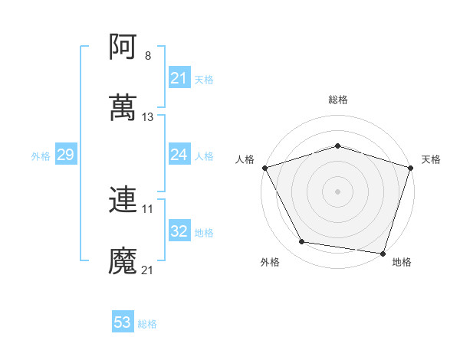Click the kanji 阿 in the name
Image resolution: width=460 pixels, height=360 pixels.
pyautogui.click(x=123, y=47)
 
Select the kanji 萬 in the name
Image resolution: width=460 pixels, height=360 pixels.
pyautogui.click(x=123, y=108)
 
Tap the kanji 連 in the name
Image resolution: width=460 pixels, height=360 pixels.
pyautogui.click(x=123, y=200)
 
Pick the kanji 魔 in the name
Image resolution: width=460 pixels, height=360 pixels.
pyautogui.click(x=123, y=261)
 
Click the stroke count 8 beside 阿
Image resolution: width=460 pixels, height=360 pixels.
pyautogui.click(x=148, y=55)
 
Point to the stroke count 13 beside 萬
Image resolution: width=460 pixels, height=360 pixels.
pyautogui.click(x=148, y=117)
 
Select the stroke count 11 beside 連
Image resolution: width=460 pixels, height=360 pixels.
pyautogui.click(x=148, y=208)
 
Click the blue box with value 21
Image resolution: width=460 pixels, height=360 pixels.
pyautogui.click(x=179, y=78)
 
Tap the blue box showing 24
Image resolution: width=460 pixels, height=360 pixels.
pyautogui.click(x=179, y=155)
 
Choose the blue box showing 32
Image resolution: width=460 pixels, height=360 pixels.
pyautogui.click(x=179, y=232)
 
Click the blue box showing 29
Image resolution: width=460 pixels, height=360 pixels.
pyautogui.click(x=65, y=155)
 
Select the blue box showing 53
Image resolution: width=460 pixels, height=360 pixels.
pyautogui.click(x=122, y=323)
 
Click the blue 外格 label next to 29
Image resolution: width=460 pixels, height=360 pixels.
pyautogui.click(x=41, y=156)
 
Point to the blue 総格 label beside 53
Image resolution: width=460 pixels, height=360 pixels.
pyautogui.click(x=147, y=324)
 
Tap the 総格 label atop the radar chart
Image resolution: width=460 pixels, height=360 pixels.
pyautogui.click(x=337, y=100)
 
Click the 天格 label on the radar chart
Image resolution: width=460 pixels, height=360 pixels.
pyautogui.click(x=431, y=159)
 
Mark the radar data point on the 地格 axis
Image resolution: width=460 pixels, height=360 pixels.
pyautogui.click(x=383, y=253)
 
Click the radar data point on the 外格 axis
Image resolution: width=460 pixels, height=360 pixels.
pyautogui.click(x=303, y=242)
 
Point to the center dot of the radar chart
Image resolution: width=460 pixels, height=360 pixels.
pyautogui.click(x=337, y=191)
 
